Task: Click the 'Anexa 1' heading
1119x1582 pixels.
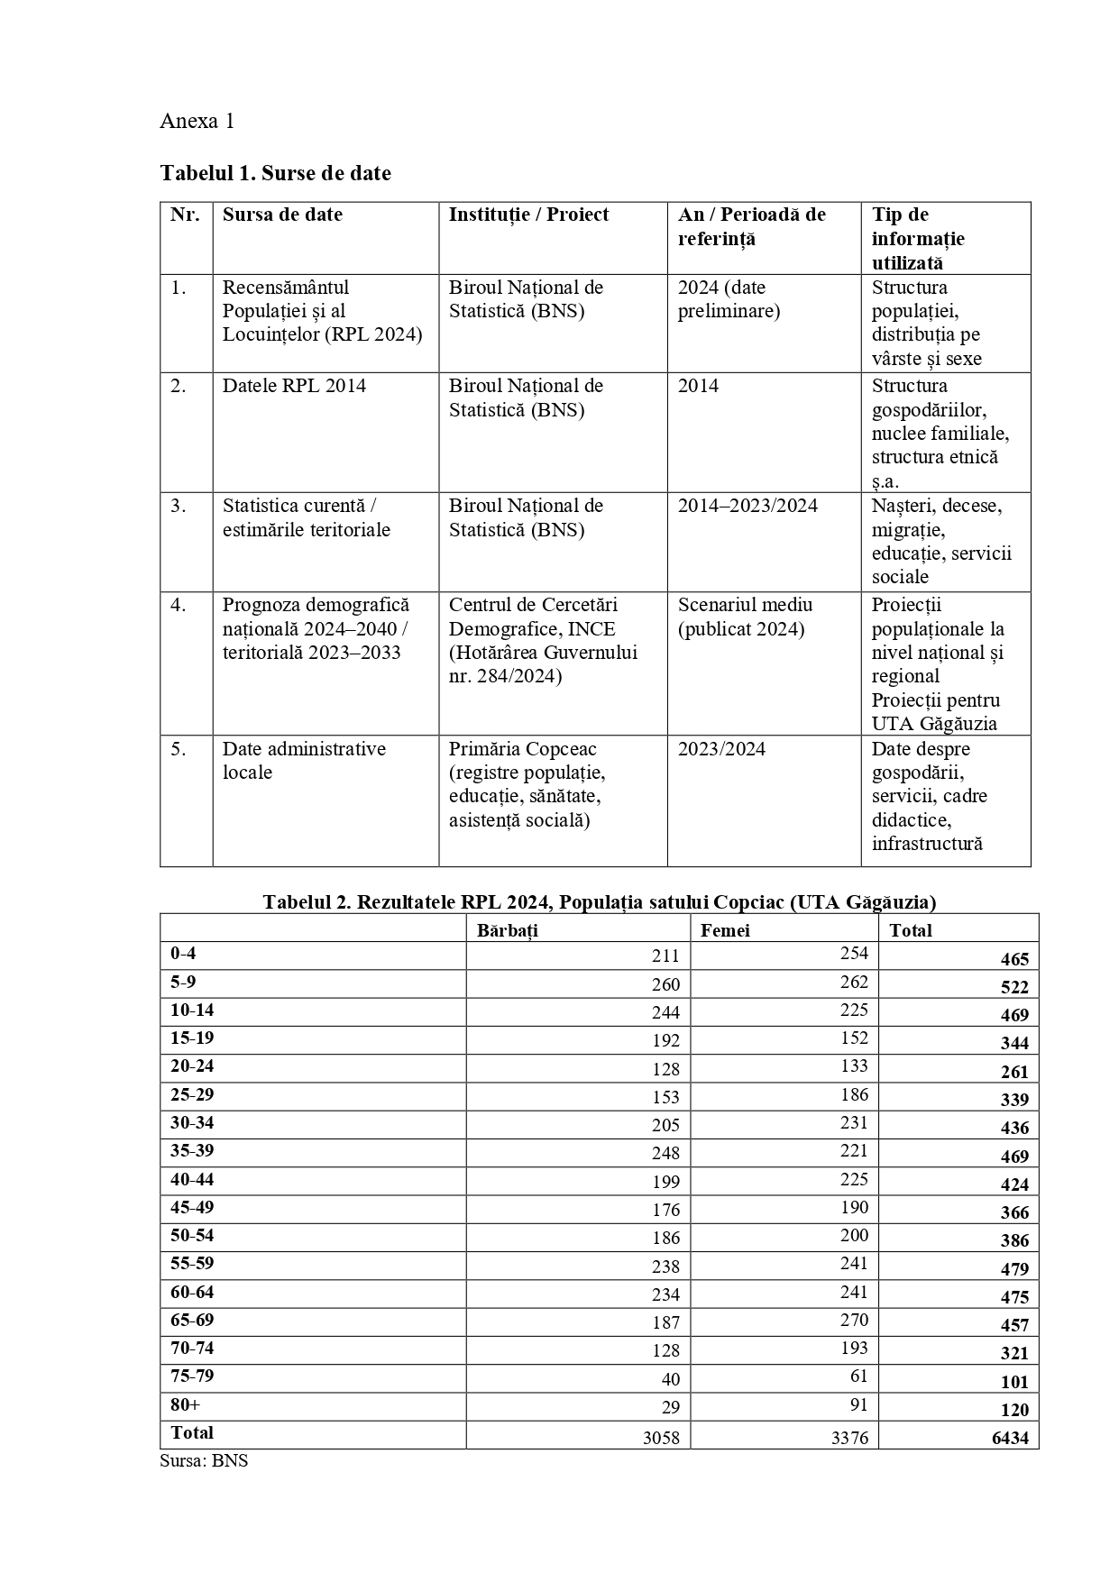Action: pos(197,122)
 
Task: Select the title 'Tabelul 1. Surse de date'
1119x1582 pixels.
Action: pos(275,173)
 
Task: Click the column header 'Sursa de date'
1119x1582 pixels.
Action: pos(282,215)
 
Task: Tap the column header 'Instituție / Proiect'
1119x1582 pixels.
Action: pos(528,215)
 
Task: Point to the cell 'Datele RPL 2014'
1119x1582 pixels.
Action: pos(294,386)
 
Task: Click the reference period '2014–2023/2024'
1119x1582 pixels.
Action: pos(748,506)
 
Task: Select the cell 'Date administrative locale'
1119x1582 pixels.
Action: pos(304,761)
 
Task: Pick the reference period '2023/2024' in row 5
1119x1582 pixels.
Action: pos(721,749)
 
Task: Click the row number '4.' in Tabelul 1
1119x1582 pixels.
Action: pos(179,605)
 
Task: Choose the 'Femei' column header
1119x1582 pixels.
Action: pos(725,930)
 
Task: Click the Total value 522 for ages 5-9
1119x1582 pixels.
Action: pos(1014,987)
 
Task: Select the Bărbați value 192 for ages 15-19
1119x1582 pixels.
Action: pos(665,1040)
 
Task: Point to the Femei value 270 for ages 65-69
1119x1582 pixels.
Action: pos(853,1320)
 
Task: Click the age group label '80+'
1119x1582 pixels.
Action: pos(186,1404)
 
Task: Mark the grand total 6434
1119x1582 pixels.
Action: pos(1010,1438)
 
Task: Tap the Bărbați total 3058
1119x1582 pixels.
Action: pos(661,1438)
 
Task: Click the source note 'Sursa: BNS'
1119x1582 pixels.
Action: pos(204,1461)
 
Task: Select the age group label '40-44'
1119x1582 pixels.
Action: pos(192,1179)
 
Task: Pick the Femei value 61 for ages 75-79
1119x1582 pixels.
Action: pos(858,1376)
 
